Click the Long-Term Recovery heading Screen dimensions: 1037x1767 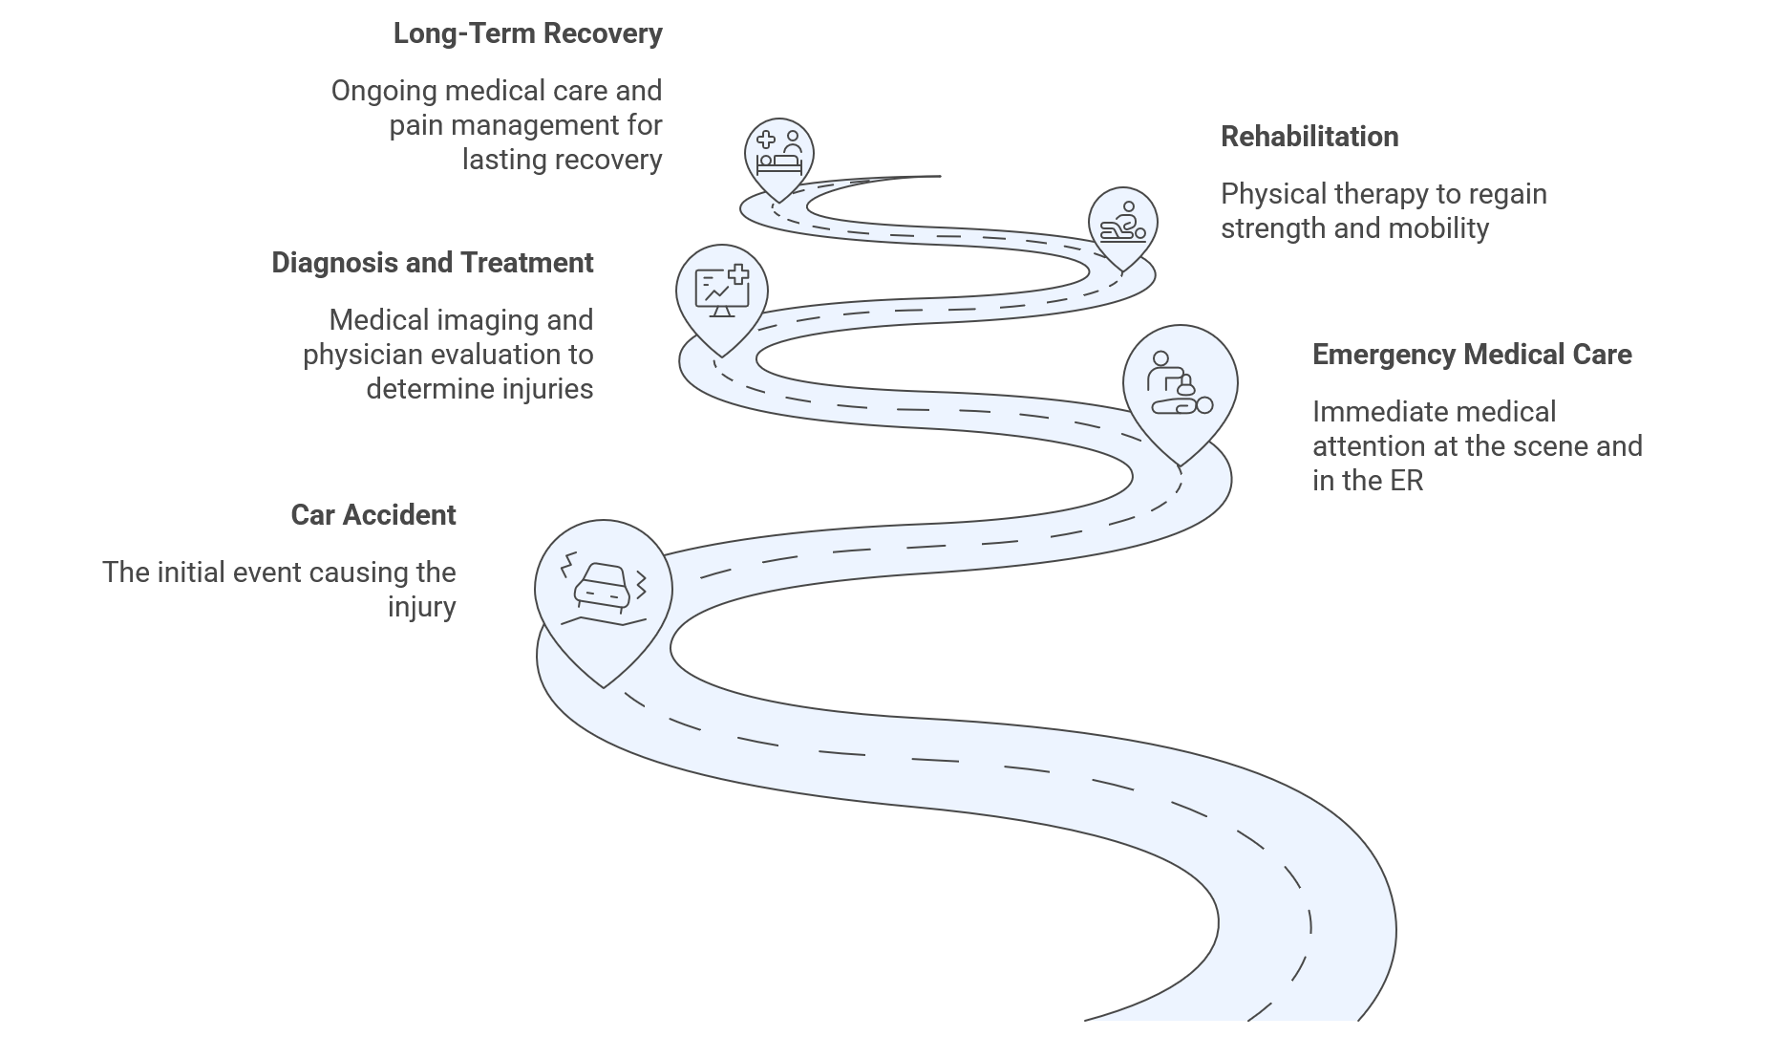(x=527, y=33)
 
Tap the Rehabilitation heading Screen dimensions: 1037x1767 (x=1309, y=137)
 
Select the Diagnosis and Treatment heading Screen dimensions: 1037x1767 (x=432, y=263)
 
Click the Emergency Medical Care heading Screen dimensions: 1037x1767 (x=1471, y=355)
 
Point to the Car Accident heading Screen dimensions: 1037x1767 (x=373, y=515)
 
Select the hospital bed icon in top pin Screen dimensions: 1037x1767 (x=779, y=153)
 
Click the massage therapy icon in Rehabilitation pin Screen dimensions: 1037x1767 (x=1122, y=222)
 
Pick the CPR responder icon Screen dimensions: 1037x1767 (x=1180, y=384)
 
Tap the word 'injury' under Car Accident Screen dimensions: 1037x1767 (x=421, y=608)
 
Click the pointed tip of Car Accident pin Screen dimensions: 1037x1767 (x=604, y=685)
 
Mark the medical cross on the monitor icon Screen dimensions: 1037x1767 (x=737, y=274)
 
